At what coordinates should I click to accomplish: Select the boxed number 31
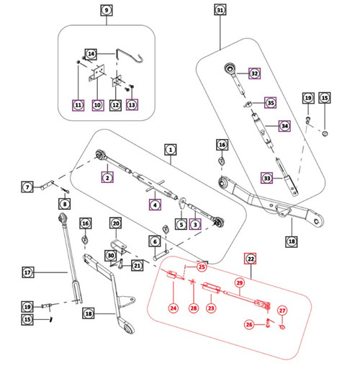(x=220, y=11)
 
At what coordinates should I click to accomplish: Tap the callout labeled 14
(x=91, y=54)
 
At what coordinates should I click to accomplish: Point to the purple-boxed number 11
(x=78, y=105)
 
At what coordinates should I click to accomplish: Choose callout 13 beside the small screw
(x=132, y=105)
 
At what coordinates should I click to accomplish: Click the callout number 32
(x=253, y=73)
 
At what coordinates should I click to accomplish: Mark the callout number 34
(x=284, y=125)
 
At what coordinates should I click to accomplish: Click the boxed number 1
(x=171, y=150)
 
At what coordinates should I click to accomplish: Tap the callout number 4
(x=155, y=205)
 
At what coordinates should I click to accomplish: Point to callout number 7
(x=27, y=187)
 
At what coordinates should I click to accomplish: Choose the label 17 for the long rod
(x=28, y=273)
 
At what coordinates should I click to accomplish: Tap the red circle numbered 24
(x=173, y=308)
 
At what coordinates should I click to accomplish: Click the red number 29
(x=240, y=284)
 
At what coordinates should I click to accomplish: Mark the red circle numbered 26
(x=249, y=324)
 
